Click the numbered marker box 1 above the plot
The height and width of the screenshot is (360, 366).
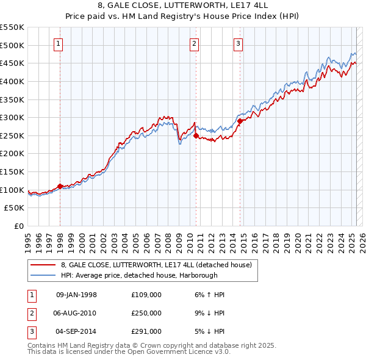(x=59, y=43)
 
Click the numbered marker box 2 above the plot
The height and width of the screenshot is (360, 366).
(x=194, y=43)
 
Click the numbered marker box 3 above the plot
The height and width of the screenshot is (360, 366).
(x=238, y=43)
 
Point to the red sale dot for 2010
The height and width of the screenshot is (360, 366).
(x=196, y=136)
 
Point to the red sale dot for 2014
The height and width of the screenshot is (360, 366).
(x=240, y=121)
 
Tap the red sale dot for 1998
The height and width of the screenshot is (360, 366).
(x=60, y=186)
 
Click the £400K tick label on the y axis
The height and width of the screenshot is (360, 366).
(x=12, y=81)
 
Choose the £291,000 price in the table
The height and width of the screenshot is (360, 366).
(x=146, y=331)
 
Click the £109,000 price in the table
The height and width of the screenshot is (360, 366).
(x=146, y=295)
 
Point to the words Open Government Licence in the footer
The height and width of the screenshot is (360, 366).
(x=180, y=352)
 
